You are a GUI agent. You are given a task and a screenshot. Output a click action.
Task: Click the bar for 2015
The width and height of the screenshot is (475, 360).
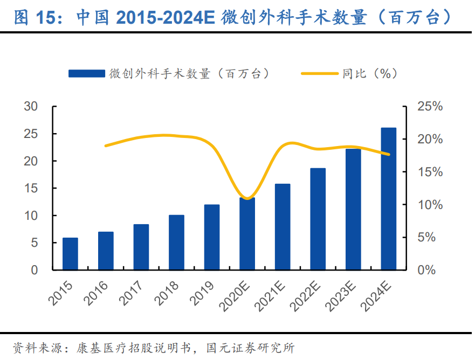coord(70,254)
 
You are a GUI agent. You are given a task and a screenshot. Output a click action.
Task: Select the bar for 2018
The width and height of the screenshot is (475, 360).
coord(176,243)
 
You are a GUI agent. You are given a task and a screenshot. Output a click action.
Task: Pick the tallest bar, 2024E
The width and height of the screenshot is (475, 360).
coord(388,199)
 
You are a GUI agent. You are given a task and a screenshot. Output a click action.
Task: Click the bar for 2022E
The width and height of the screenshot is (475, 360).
coord(318,219)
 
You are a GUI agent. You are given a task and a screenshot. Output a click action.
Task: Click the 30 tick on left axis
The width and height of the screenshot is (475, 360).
coord(31,107)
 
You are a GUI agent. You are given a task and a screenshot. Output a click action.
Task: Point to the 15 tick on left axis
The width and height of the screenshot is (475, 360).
coord(31,189)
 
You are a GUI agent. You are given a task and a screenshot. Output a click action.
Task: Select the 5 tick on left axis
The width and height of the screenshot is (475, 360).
coord(34,243)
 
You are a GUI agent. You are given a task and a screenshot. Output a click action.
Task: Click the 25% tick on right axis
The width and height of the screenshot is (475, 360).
coord(429,107)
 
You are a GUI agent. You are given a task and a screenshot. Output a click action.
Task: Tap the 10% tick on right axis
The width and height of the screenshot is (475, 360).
coord(429,205)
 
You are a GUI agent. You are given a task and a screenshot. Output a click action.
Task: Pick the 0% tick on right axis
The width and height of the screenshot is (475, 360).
coord(426,270)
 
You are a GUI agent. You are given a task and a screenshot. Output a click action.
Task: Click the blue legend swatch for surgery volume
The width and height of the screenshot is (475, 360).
coord(86,74)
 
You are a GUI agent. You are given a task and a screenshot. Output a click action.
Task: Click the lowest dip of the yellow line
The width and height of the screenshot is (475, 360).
coord(247,198)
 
